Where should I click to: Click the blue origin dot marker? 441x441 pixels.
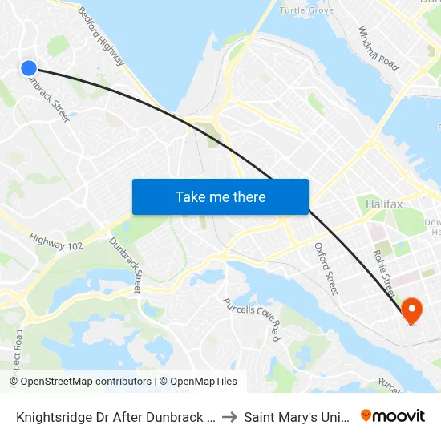pos(29,69)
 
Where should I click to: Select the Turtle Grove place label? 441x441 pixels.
pos(306,10)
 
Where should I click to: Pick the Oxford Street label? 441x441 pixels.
pos(326,268)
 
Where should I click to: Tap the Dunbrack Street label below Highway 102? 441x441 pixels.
pos(126,264)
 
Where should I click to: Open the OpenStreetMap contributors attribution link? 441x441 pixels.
pos(85,382)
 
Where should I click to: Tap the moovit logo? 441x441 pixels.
pos(394,416)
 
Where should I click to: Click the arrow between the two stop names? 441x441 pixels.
pos(229,417)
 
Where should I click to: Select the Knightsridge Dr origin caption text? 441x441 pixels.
pos(114,417)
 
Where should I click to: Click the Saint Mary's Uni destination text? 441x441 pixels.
pos(297,417)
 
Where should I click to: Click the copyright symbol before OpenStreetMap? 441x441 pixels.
pos(14,382)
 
